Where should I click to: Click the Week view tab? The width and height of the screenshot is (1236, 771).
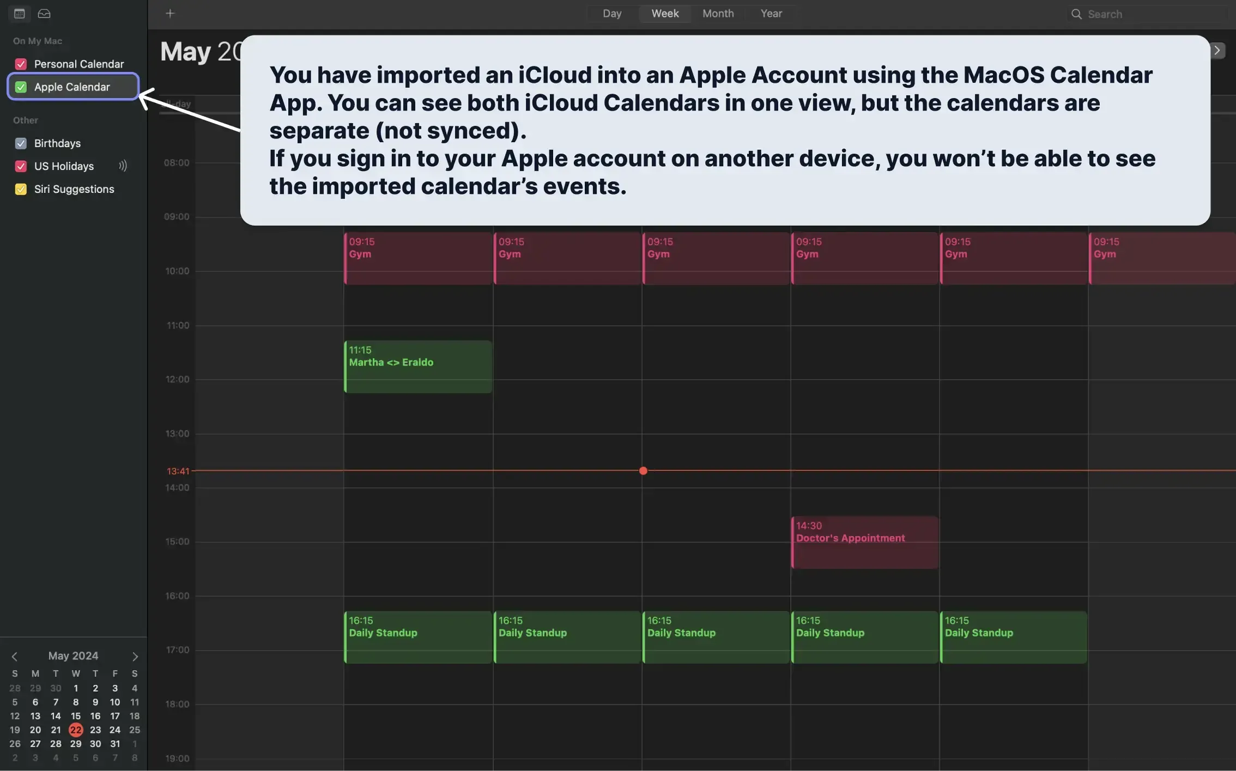tap(665, 14)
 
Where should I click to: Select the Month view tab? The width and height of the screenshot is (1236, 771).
tap(718, 14)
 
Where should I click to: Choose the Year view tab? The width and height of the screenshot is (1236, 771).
tap(771, 14)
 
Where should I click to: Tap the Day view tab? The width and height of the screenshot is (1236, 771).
tap(612, 14)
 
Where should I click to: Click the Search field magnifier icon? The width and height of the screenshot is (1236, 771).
tap(1076, 14)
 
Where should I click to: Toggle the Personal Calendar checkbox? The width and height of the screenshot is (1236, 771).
tap(21, 64)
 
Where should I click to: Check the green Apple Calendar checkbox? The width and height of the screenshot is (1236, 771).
tap(21, 87)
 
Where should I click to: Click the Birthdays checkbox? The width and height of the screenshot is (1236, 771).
tap(21, 143)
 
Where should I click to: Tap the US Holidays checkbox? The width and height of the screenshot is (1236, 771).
tap(21, 166)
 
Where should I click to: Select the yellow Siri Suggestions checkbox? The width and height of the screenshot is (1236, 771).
tap(21, 189)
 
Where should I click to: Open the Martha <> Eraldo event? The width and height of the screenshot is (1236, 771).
tap(418, 366)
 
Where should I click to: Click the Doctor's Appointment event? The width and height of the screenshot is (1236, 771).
tap(864, 542)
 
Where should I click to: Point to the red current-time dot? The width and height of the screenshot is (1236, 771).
tap(643, 471)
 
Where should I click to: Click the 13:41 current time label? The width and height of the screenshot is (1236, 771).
tap(178, 471)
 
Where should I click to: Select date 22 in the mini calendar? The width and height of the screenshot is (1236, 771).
tap(76, 730)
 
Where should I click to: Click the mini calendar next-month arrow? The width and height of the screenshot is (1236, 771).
tap(135, 657)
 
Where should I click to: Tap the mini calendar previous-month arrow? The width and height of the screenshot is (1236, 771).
tap(15, 657)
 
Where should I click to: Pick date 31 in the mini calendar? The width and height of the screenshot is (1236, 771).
tap(115, 744)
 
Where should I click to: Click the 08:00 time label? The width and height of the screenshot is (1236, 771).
tap(177, 163)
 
